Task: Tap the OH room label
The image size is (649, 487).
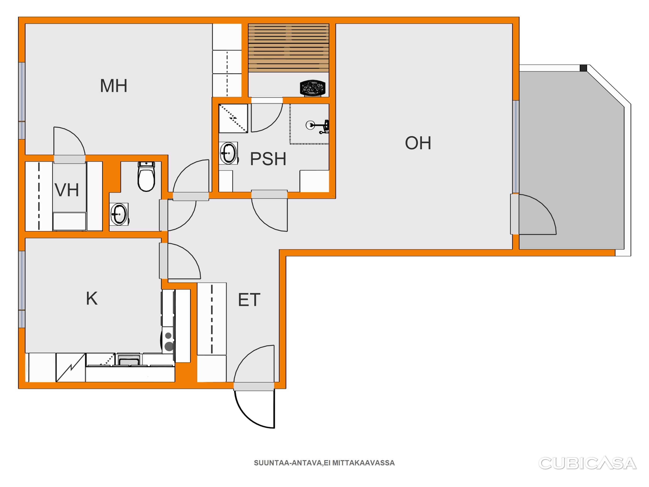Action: tap(418, 143)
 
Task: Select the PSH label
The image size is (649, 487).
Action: tap(268, 159)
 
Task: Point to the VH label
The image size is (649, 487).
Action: tap(67, 190)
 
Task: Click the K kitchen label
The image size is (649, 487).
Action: tap(92, 298)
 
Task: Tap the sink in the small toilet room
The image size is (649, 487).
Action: tap(119, 214)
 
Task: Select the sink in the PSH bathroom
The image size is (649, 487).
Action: tap(228, 153)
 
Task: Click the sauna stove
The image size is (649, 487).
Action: tap(313, 88)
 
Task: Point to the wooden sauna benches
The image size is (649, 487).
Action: tap(289, 48)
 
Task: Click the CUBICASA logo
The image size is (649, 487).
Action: tap(587, 463)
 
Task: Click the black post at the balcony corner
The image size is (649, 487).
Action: tap(583, 68)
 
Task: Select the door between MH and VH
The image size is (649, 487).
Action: tap(69, 159)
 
